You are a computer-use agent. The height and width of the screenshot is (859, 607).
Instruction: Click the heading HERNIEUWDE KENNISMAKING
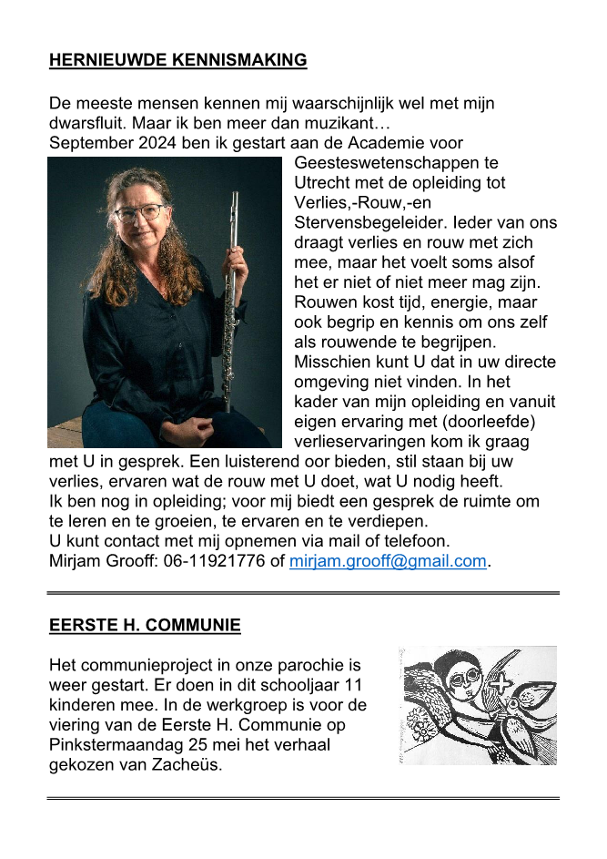(x=177, y=61)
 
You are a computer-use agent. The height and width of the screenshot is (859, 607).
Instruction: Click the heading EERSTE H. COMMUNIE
(x=145, y=626)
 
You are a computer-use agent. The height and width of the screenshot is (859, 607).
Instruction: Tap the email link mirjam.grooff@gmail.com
(x=388, y=561)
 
